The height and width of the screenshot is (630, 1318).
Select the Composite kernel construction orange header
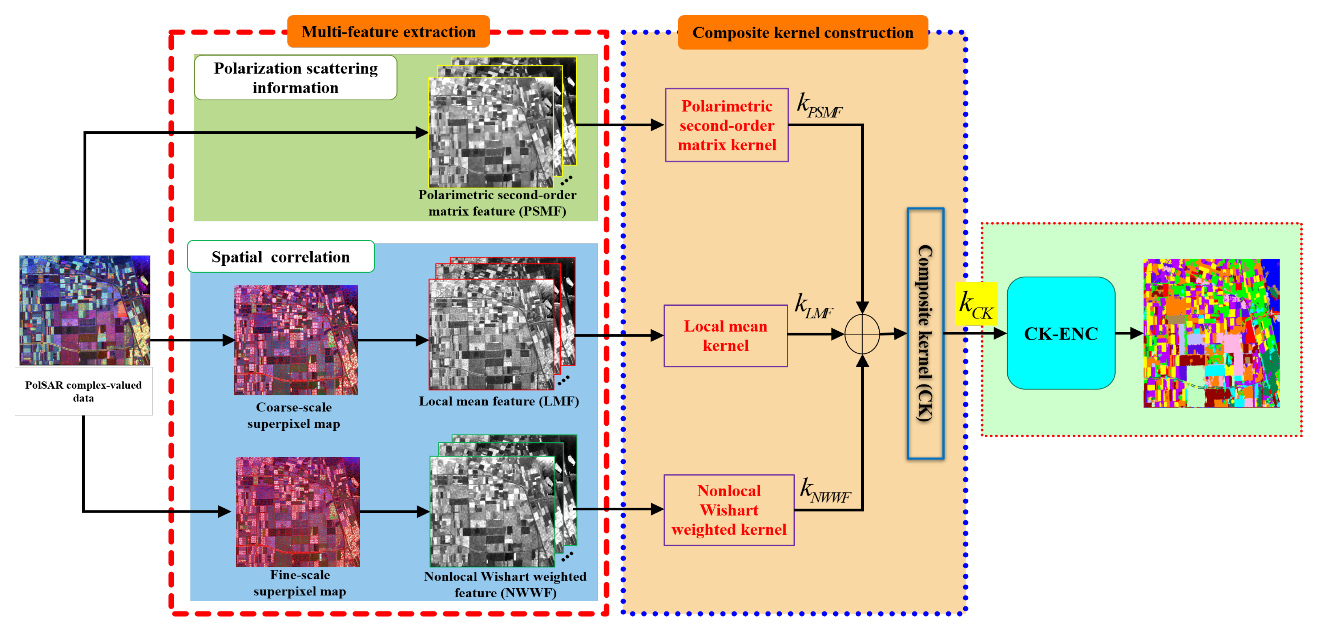802,33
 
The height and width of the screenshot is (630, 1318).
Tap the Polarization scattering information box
295,78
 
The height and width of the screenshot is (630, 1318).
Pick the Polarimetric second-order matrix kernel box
726,125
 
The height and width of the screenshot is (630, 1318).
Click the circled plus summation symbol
862,334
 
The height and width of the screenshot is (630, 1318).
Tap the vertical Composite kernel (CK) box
925,333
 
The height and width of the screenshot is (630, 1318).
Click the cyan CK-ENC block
1061,333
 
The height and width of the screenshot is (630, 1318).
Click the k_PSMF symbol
819,106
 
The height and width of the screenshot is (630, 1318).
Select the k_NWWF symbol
825,491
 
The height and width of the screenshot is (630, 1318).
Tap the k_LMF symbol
814,306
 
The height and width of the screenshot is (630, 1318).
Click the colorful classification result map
1211,333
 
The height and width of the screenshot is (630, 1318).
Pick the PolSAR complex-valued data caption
84,391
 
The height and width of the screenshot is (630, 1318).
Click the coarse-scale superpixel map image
296,340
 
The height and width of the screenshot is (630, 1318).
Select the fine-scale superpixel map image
298,511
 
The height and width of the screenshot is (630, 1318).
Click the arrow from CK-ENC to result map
1129,333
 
